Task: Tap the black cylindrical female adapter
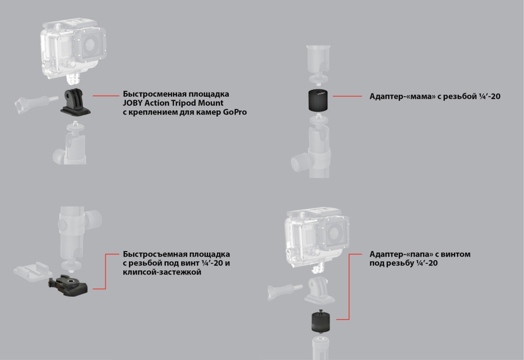[x=318, y=100]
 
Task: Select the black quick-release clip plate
[x=68, y=285]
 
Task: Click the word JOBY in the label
[x=133, y=103]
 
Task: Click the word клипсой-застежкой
[x=162, y=272]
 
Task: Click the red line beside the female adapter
[x=347, y=96]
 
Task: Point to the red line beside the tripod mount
[x=106, y=96]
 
